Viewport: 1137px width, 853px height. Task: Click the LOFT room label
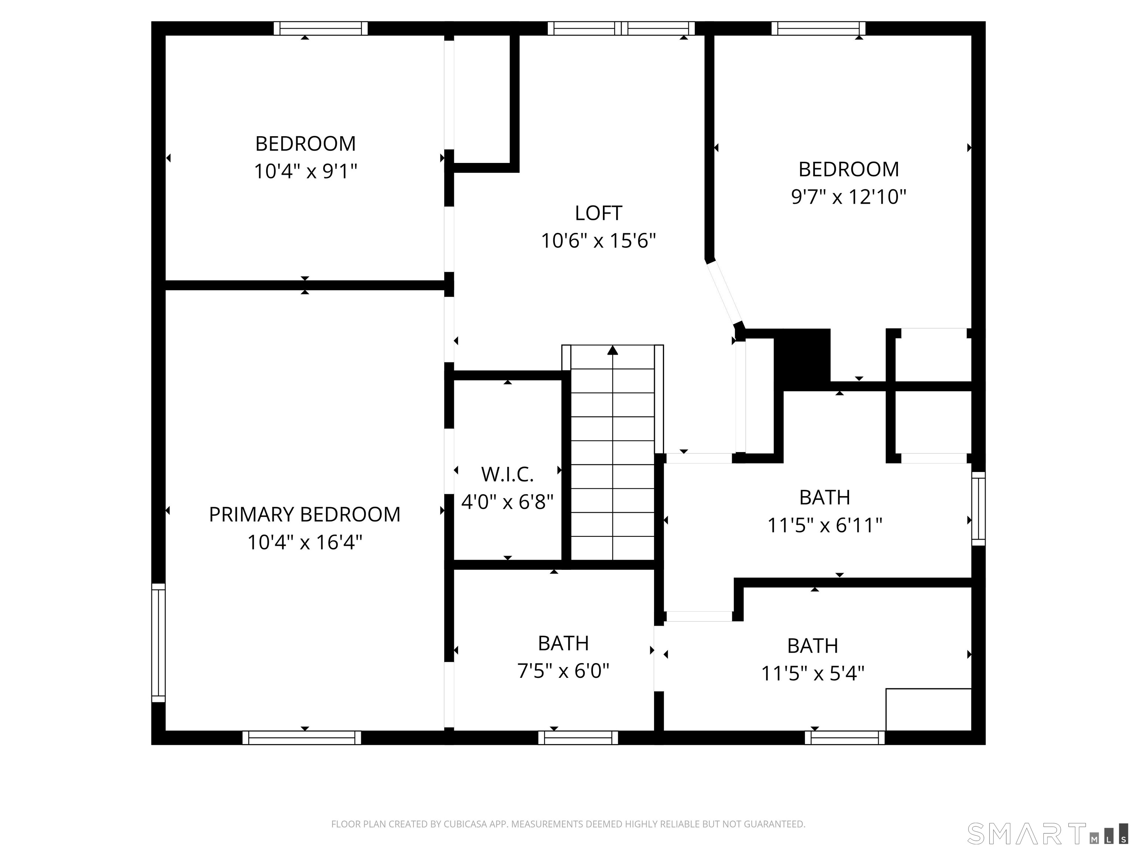598,213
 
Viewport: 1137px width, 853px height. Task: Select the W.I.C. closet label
507,475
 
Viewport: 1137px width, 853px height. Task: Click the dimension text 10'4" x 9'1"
305,171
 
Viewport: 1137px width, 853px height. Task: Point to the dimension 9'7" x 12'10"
849,197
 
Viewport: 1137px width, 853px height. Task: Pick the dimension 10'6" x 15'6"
598,241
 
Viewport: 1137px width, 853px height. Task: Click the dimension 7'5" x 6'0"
563,671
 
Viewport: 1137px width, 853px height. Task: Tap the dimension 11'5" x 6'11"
825,525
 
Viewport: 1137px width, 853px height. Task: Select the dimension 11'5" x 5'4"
813,673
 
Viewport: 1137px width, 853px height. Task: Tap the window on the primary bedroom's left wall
158,643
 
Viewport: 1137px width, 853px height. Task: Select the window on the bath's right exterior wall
978,509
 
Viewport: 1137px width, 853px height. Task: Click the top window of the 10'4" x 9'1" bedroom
321,28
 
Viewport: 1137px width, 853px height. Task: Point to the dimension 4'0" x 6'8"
507,502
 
